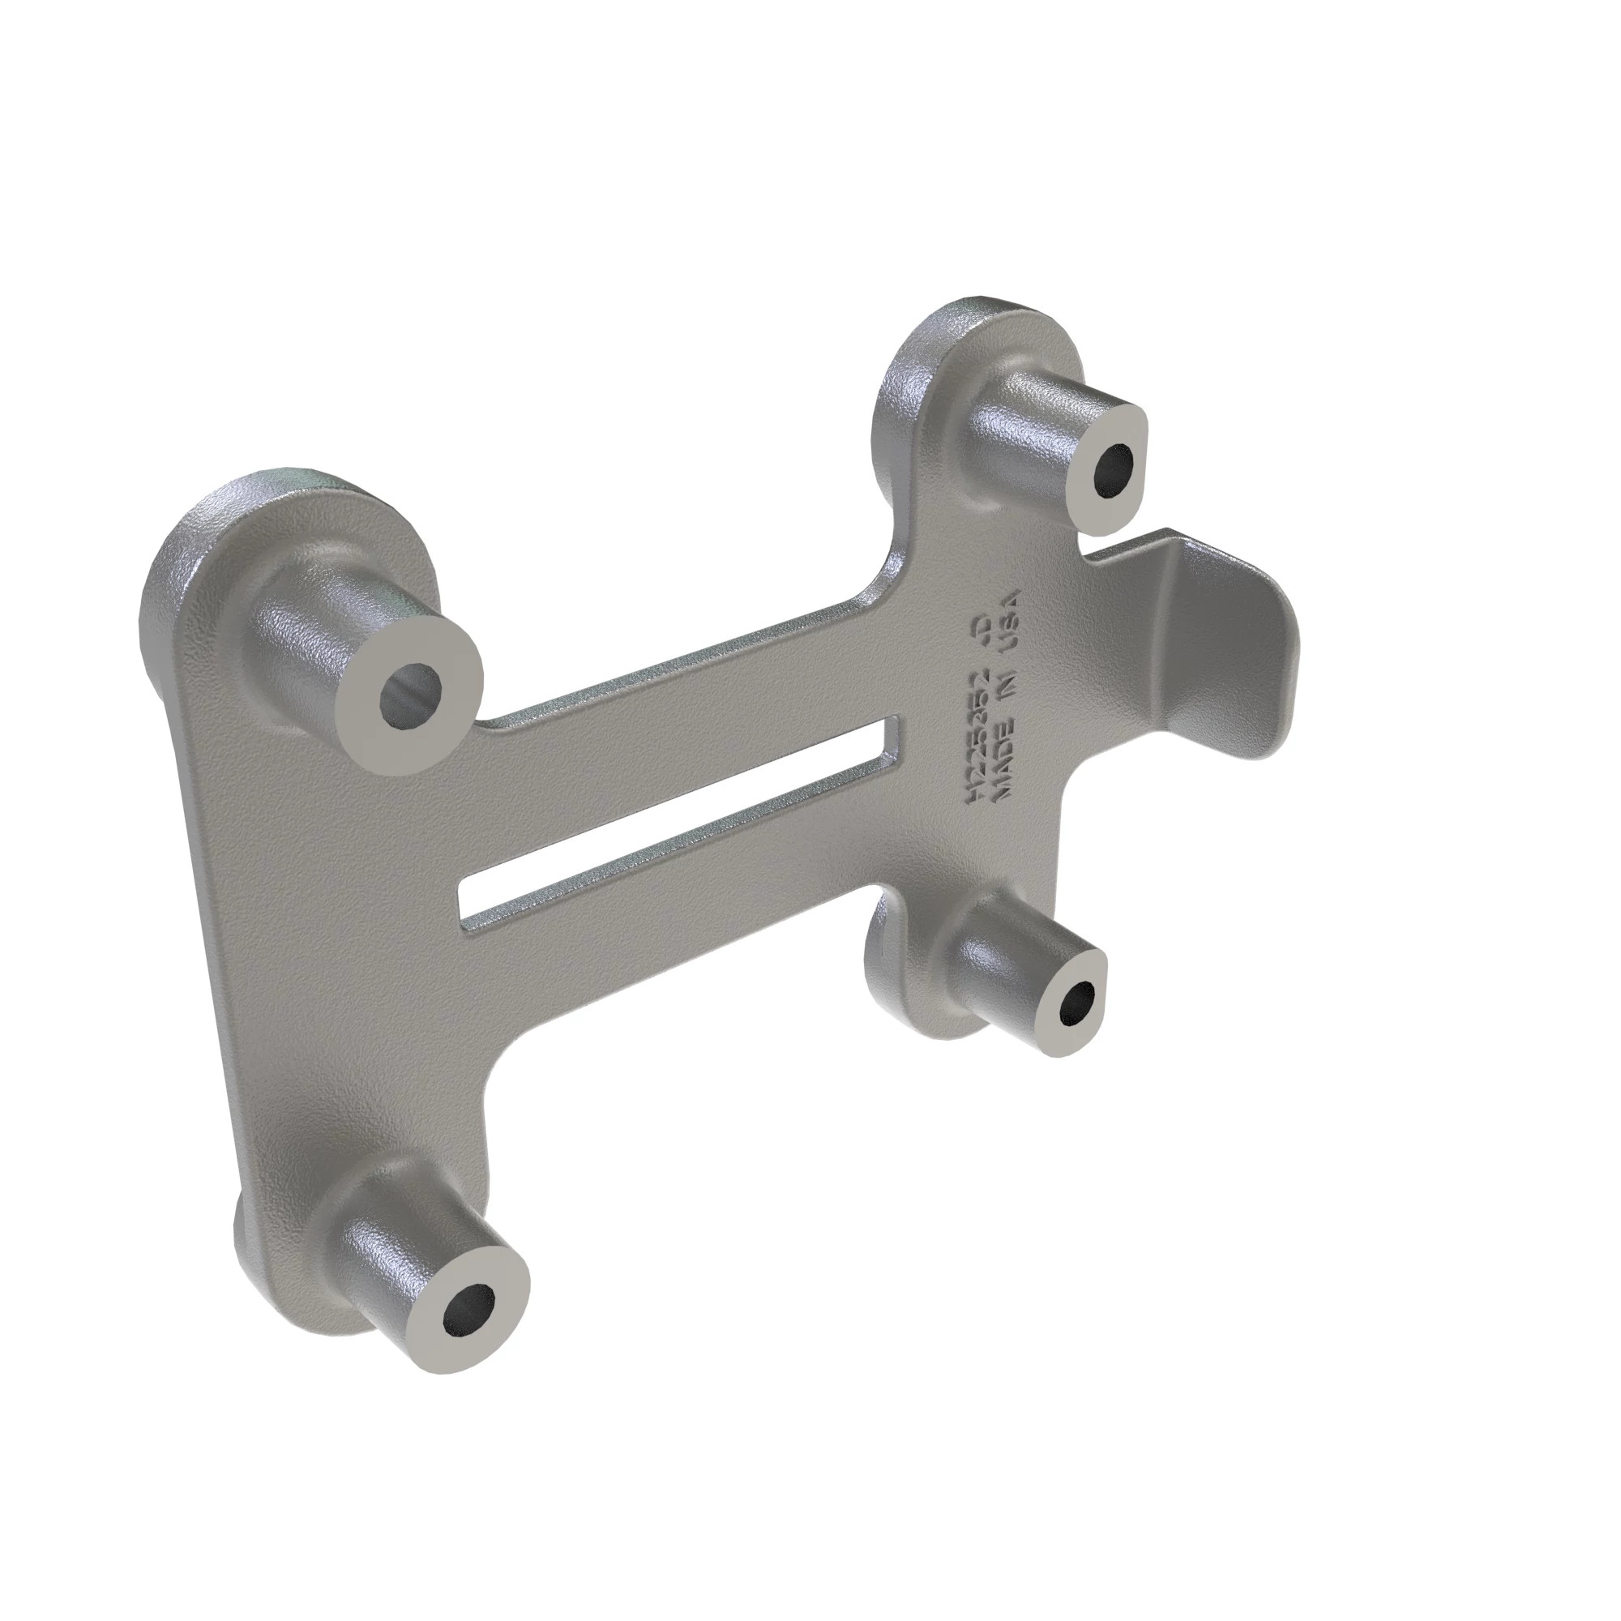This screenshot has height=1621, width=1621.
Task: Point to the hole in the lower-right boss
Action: pyautogui.click(x=1078, y=1003)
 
